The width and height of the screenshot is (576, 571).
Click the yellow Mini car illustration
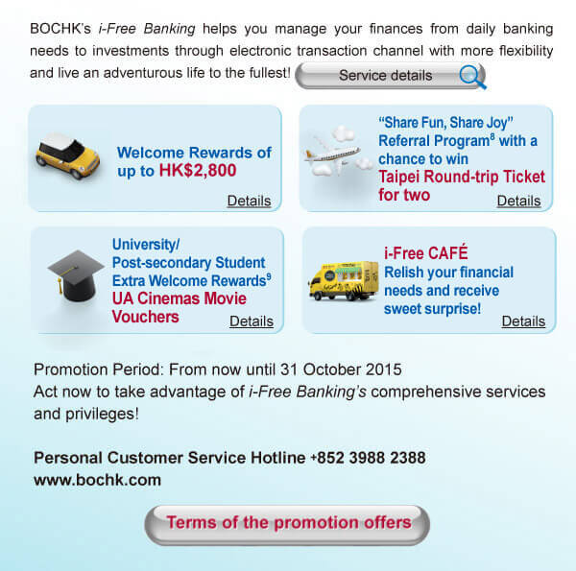pos(68,157)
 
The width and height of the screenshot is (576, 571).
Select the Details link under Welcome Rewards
pos(249,202)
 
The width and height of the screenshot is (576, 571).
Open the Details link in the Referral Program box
pos(518,202)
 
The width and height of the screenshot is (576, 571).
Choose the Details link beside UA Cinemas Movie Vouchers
pos(252,321)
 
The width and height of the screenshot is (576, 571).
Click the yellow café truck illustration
pos(343,279)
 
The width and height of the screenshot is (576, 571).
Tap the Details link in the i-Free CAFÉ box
pos(523,321)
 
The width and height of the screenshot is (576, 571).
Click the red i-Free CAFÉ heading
pos(425,253)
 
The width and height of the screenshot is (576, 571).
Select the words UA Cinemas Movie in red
pos(180,298)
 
